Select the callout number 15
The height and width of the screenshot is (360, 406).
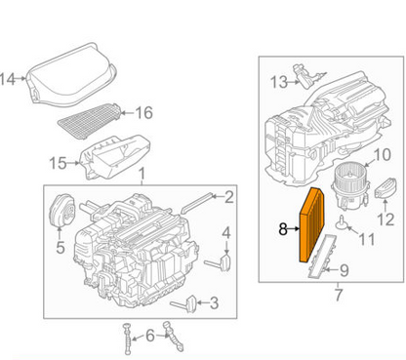pos(58,161)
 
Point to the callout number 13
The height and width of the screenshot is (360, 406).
pos(278,80)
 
